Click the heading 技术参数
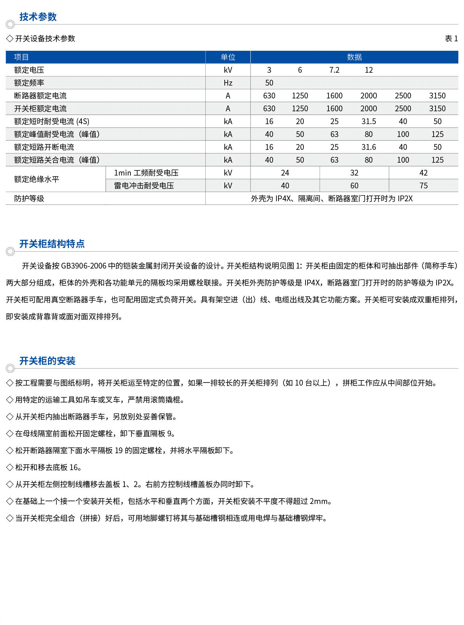click(x=38, y=17)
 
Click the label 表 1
click(x=451, y=39)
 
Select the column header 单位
click(x=228, y=57)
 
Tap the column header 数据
click(x=354, y=57)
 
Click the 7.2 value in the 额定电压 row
click(x=334, y=70)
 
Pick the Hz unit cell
click(x=228, y=83)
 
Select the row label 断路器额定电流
click(x=40, y=96)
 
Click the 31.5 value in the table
click(x=368, y=121)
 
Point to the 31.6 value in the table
click(x=368, y=147)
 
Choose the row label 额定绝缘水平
click(x=36, y=179)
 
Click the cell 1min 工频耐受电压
click(x=146, y=173)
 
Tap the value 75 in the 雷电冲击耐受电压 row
click(x=423, y=186)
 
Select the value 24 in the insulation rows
click(x=285, y=173)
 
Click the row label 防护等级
click(x=29, y=199)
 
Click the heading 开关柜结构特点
click(x=52, y=244)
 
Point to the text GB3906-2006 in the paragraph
click(x=83, y=266)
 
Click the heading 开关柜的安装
click(x=47, y=361)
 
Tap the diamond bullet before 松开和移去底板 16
click(x=10, y=467)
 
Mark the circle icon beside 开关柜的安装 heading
click(x=10, y=368)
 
